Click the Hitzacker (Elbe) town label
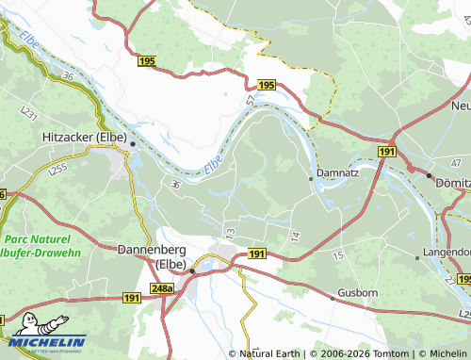click(x=85, y=137)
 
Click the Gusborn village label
click(x=358, y=294)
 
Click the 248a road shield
click(x=163, y=288)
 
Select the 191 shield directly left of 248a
click(x=131, y=298)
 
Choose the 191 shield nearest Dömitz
click(x=387, y=151)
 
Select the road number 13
click(x=229, y=231)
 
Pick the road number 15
click(x=337, y=255)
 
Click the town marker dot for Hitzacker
click(x=133, y=144)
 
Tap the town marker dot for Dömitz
click(x=429, y=175)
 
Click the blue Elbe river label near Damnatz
click(x=214, y=164)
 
